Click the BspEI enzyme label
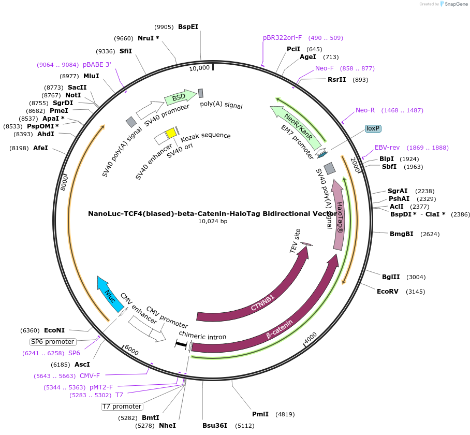point(188,27)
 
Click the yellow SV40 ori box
point(171,133)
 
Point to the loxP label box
point(373,128)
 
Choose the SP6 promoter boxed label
point(53,342)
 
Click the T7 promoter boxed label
point(122,407)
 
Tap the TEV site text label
point(295,241)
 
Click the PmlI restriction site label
point(260,414)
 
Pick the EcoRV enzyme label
point(388,291)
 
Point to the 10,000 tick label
point(199,68)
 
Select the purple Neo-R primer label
point(365,110)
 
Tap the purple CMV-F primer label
point(90,375)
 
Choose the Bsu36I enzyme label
point(215,426)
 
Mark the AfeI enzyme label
point(40,148)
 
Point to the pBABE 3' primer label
point(97,65)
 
